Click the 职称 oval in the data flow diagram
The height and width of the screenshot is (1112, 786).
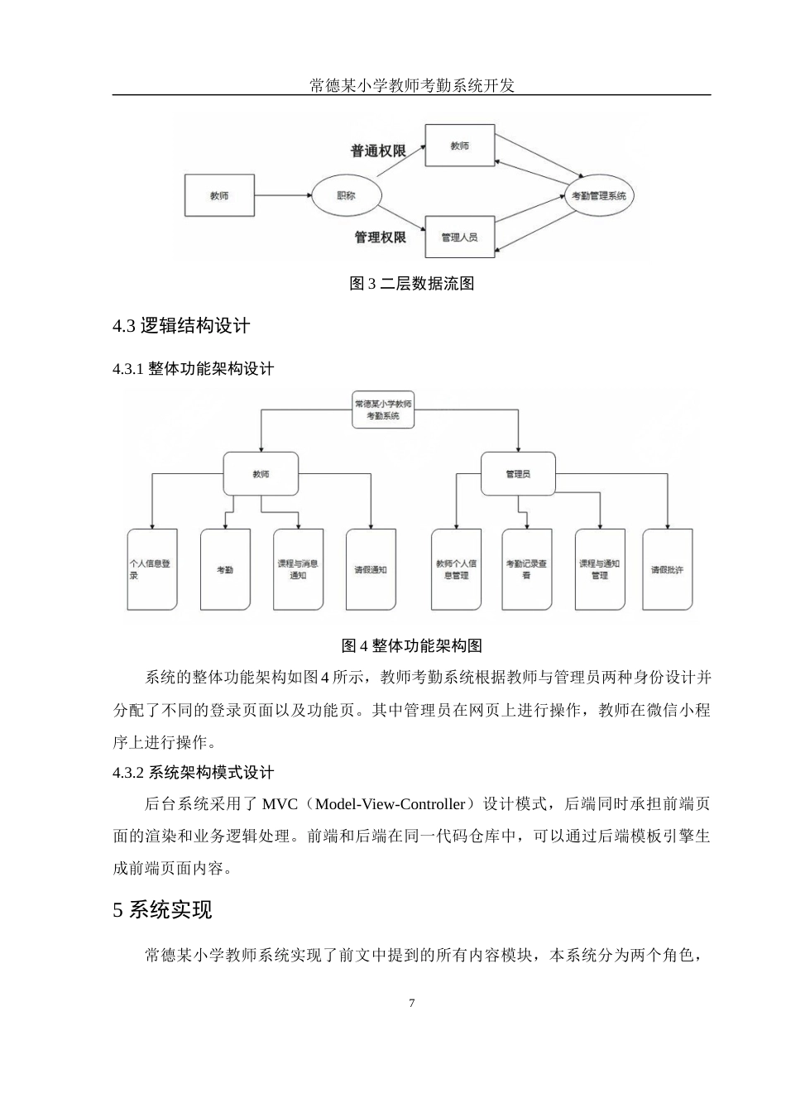point(346,196)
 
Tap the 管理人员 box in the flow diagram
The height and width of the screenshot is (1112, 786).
point(459,237)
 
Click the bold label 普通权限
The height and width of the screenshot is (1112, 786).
point(378,151)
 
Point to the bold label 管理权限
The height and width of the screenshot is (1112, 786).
point(380,237)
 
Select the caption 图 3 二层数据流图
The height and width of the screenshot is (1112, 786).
point(411,284)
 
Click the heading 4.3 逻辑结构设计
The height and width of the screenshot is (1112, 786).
point(181,326)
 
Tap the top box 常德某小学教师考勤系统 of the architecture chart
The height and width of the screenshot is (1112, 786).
point(383,410)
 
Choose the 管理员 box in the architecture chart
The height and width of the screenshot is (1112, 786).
point(518,474)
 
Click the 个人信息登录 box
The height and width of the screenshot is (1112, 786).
point(151,569)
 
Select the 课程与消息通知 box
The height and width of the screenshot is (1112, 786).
point(298,569)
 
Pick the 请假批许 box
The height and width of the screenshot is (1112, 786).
point(667,569)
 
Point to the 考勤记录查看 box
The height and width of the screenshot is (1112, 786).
point(526,569)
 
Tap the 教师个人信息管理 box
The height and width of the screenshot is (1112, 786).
point(456,569)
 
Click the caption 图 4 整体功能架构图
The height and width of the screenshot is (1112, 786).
point(411,645)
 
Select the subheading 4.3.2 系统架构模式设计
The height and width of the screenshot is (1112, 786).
point(194,773)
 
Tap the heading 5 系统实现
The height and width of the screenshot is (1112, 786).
point(163,910)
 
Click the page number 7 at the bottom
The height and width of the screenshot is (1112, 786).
point(412,1004)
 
